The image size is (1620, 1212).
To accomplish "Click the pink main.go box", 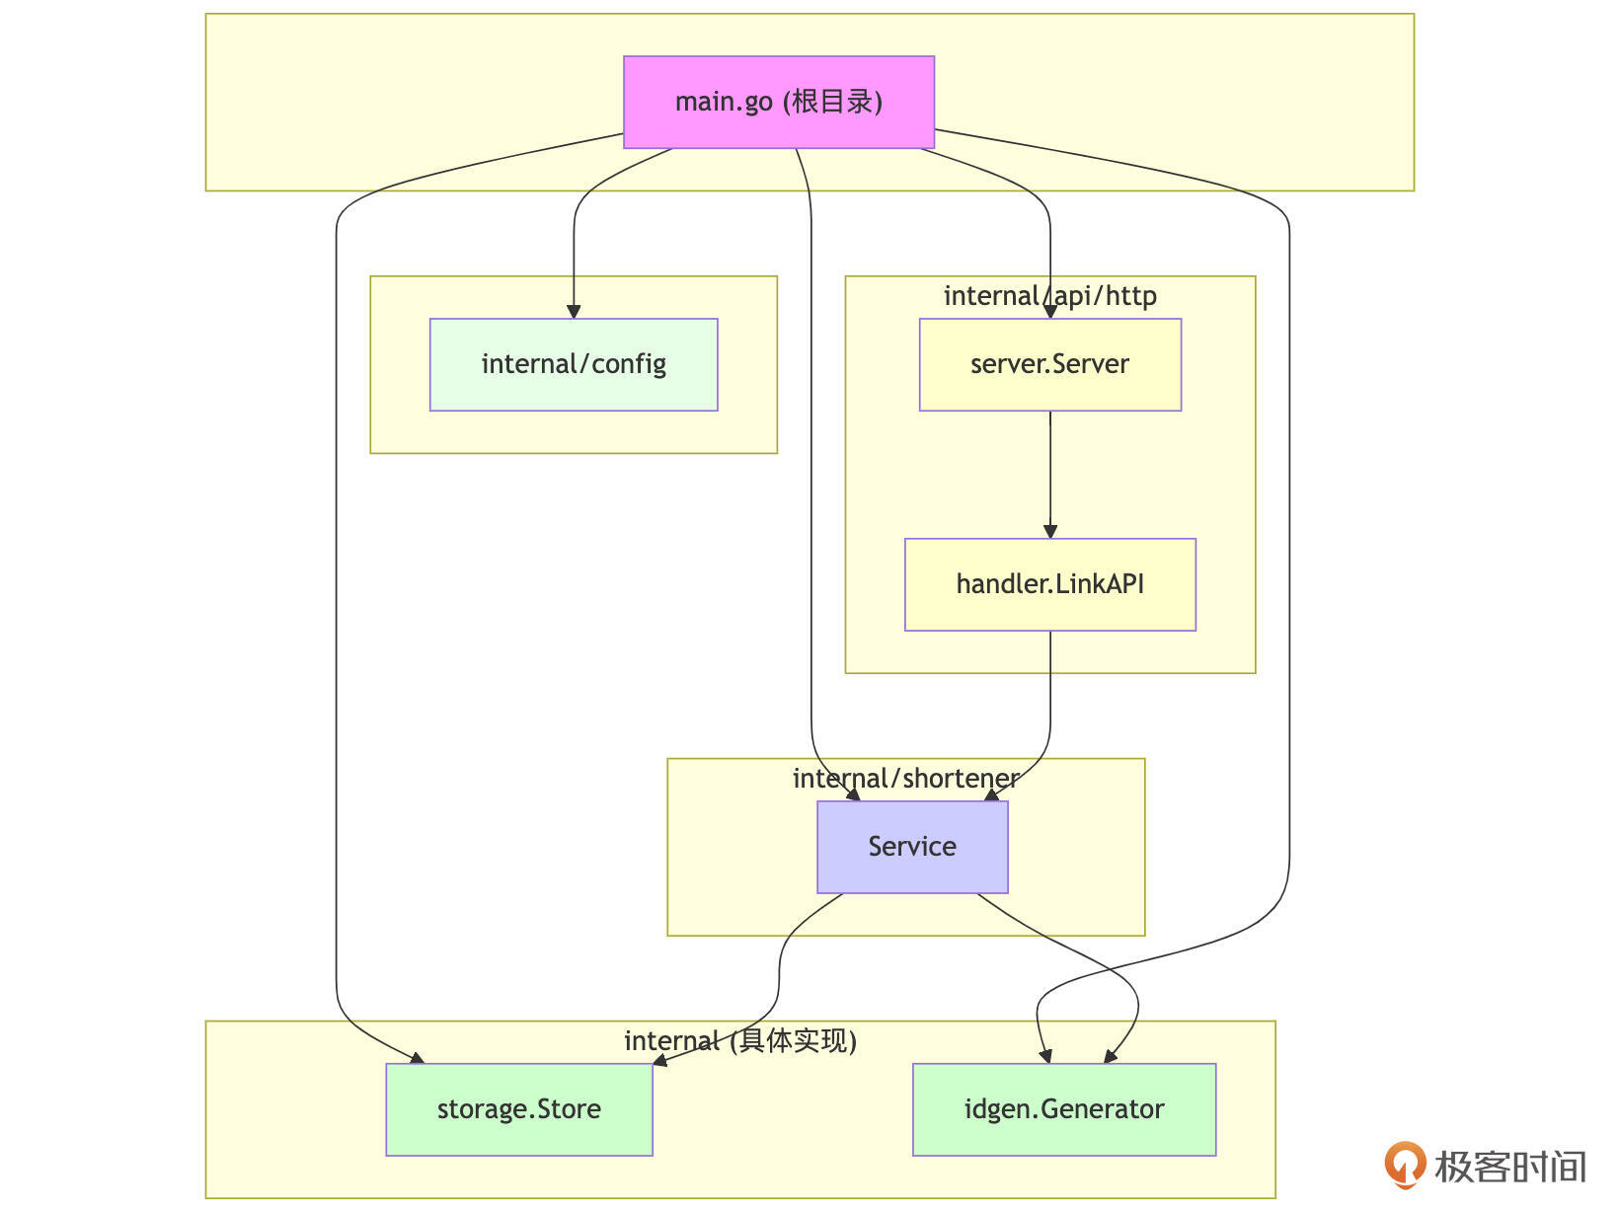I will coord(779,102).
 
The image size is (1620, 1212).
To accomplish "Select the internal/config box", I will coord(574,364).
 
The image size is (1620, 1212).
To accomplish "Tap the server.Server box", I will coord(1049,364).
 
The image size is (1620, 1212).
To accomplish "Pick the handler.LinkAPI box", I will coord(1049,584).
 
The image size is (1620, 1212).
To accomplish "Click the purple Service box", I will coord(912,847).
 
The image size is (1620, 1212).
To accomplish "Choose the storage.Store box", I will coord(519,1109).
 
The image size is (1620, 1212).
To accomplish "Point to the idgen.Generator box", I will coord(1064,1109).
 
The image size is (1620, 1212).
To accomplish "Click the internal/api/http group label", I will coord(1049,296).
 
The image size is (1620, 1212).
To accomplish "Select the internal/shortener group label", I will coord(905,779).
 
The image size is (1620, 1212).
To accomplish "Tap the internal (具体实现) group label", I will coord(740,1041).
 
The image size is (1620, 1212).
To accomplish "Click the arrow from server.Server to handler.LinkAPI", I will coord(1050,474).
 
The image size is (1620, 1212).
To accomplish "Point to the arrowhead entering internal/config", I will coord(574,312).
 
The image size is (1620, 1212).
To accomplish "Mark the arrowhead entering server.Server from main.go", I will coord(1050,312).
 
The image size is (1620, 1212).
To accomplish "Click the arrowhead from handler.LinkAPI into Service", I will coord(992,795).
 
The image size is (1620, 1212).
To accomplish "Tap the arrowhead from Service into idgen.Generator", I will coord(1111,1057).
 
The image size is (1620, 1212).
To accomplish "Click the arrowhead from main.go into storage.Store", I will coord(418,1059).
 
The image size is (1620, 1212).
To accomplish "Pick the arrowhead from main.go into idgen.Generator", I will coord(1045,1057).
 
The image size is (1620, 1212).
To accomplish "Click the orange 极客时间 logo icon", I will coord(1404,1165).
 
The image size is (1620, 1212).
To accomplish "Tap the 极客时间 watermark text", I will coord(1510,1167).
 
